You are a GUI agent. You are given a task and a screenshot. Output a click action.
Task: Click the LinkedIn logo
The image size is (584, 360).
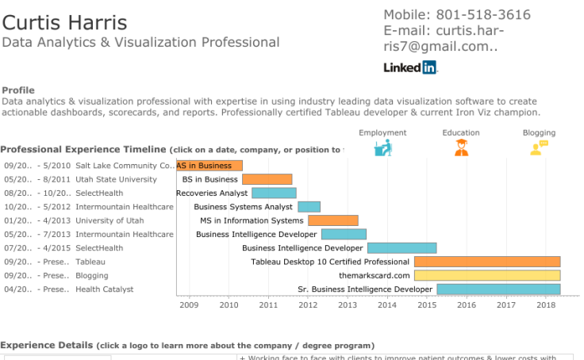tap(410, 68)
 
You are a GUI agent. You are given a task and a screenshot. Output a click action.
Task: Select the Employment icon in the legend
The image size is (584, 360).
tap(382, 147)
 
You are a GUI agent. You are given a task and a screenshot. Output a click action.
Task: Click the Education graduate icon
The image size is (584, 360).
tap(461, 147)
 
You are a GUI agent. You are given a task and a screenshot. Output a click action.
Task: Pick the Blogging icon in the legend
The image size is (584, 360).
tap(539, 147)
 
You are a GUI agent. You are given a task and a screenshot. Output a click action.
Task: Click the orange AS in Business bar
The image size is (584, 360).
tap(209, 166)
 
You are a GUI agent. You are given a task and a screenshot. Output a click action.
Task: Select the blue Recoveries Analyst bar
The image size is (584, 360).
tap(274, 193)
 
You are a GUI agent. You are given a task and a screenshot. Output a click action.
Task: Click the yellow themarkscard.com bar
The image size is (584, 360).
tap(487, 275)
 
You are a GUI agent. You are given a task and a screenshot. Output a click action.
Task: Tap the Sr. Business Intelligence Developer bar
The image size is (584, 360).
tap(498, 289)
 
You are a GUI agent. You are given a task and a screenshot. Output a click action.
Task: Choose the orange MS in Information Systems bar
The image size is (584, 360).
tap(333, 220)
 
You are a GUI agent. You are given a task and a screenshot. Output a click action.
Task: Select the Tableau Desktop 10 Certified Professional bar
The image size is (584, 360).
tap(487, 262)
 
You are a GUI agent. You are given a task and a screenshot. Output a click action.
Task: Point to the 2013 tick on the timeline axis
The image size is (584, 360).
tap(348, 304)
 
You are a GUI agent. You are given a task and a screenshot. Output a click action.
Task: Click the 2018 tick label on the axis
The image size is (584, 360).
tap(545, 304)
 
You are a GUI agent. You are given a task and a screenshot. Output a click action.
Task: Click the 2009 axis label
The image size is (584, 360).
tap(190, 304)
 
